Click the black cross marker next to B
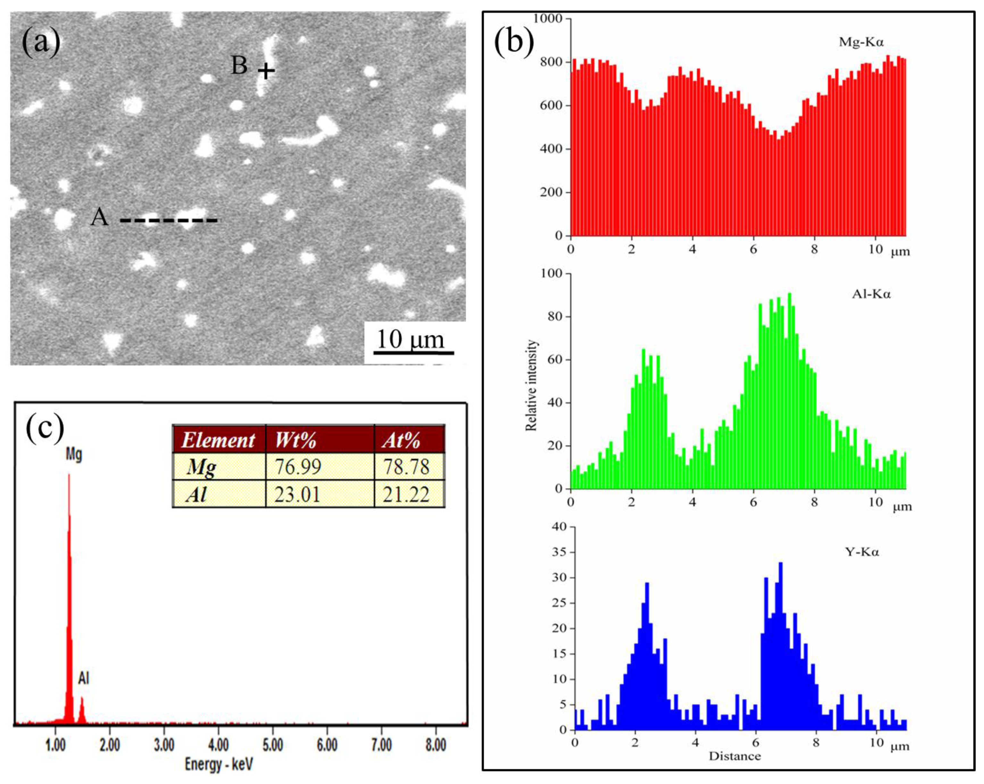click(x=266, y=71)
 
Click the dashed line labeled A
click(x=169, y=221)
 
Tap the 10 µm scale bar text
click(x=410, y=340)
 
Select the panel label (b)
click(x=514, y=42)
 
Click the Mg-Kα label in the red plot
click(x=861, y=42)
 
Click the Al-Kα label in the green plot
click(x=871, y=294)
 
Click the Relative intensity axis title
click(x=531, y=385)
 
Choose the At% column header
click(x=401, y=440)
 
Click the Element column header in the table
click(x=218, y=440)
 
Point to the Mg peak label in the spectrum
click(x=74, y=454)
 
